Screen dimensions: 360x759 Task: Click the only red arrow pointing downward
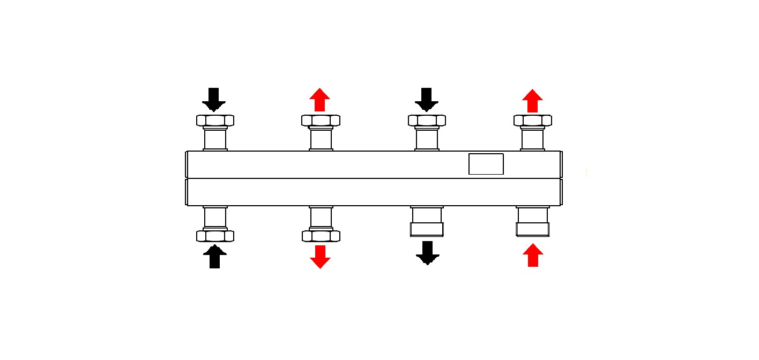[320, 256]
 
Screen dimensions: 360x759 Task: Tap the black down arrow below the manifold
[427, 253]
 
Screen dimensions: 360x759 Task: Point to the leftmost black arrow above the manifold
[214, 99]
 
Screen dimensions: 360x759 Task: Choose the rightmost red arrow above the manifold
[532, 101]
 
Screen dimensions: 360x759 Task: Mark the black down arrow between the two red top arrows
[427, 99]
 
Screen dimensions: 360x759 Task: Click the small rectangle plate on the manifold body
[486, 164]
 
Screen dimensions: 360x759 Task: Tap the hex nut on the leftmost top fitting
[215, 121]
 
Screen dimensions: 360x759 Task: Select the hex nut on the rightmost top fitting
[533, 121]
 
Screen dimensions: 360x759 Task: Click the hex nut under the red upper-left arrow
[321, 121]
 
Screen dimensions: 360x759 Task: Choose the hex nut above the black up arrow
[215, 236]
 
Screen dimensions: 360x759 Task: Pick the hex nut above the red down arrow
[321, 236]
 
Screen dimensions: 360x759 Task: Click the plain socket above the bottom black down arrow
[427, 222]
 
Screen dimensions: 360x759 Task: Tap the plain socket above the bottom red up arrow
[532, 222]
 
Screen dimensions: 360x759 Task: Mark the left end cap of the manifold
[186, 178]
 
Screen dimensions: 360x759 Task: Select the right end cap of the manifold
[561, 178]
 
